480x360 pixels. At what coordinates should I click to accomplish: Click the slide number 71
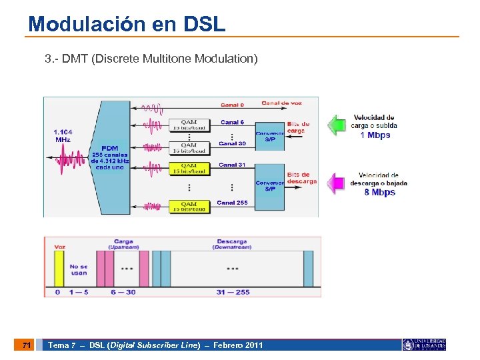click(25, 345)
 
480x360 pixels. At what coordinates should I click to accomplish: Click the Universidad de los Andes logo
click(424, 345)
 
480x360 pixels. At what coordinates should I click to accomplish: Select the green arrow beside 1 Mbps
click(338, 125)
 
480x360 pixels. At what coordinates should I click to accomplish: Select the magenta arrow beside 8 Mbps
click(338, 182)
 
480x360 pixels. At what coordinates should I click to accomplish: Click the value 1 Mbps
click(375, 135)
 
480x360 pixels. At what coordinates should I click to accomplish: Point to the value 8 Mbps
click(379, 193)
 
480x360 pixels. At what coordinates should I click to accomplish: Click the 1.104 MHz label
click(63, 136)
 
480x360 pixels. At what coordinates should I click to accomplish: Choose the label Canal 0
click(232, 105)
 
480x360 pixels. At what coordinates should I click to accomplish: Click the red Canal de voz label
click(281, 103)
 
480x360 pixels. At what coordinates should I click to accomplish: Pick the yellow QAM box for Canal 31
click(189, 167)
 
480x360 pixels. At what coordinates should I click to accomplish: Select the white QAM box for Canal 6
click(189, 125)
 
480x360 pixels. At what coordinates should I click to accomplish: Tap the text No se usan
click(79, 269)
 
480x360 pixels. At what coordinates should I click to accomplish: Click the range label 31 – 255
click(233, 292)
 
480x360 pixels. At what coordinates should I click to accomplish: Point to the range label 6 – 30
click(123, 292)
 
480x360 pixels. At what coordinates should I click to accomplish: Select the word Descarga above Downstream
click(232, 241)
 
